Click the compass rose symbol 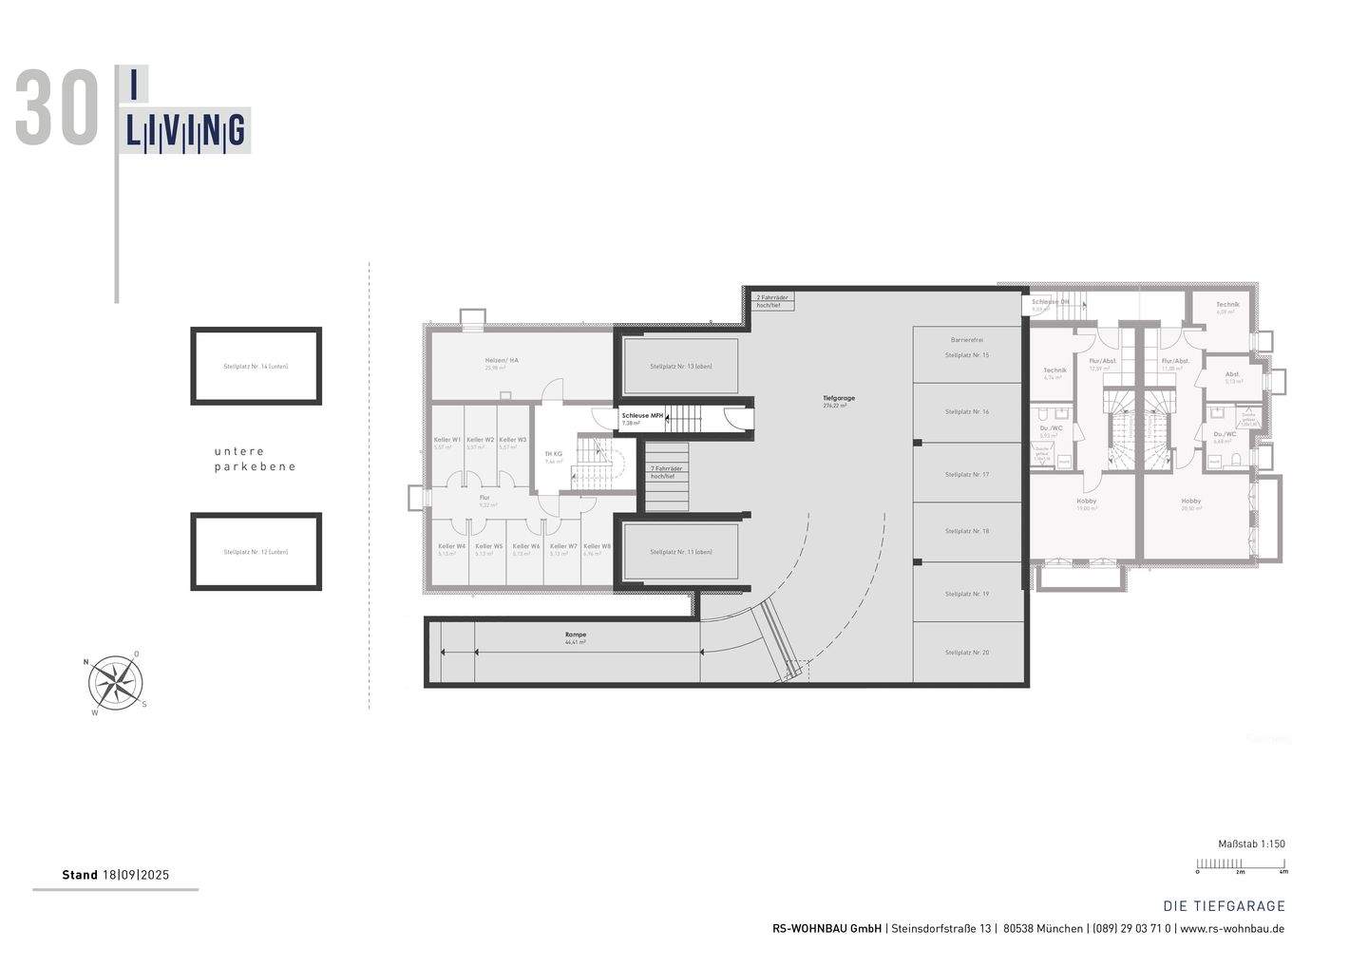(x=117, y=683)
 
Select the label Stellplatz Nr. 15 (x=966, y=355)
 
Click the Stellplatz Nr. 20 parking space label (x=966, y=653)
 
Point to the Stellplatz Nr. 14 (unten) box (x=256, y=367)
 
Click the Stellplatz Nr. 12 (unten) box (x=256, y=552)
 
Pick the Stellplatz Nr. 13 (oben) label (x=680, y=367)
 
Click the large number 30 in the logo (x=58, y=109)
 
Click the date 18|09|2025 (x=135, y=875)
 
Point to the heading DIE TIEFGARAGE (x=1224, y=906)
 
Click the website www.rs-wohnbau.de (x=1232, y=929)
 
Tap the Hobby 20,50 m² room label (x=1190, y=504)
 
